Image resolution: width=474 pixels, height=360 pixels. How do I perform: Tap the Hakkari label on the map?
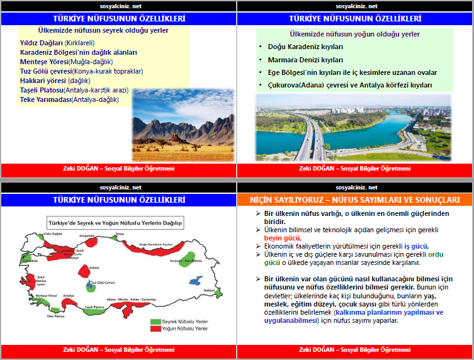(x=208, y=290)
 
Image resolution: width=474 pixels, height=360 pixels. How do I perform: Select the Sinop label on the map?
(x=120, y=233)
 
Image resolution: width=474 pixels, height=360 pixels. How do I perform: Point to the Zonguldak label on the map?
(x=86, y=235)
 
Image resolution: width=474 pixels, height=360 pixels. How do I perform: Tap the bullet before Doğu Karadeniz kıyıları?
(x=261, y=47)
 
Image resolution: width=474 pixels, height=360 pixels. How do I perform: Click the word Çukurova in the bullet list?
(x=285, y=84)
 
